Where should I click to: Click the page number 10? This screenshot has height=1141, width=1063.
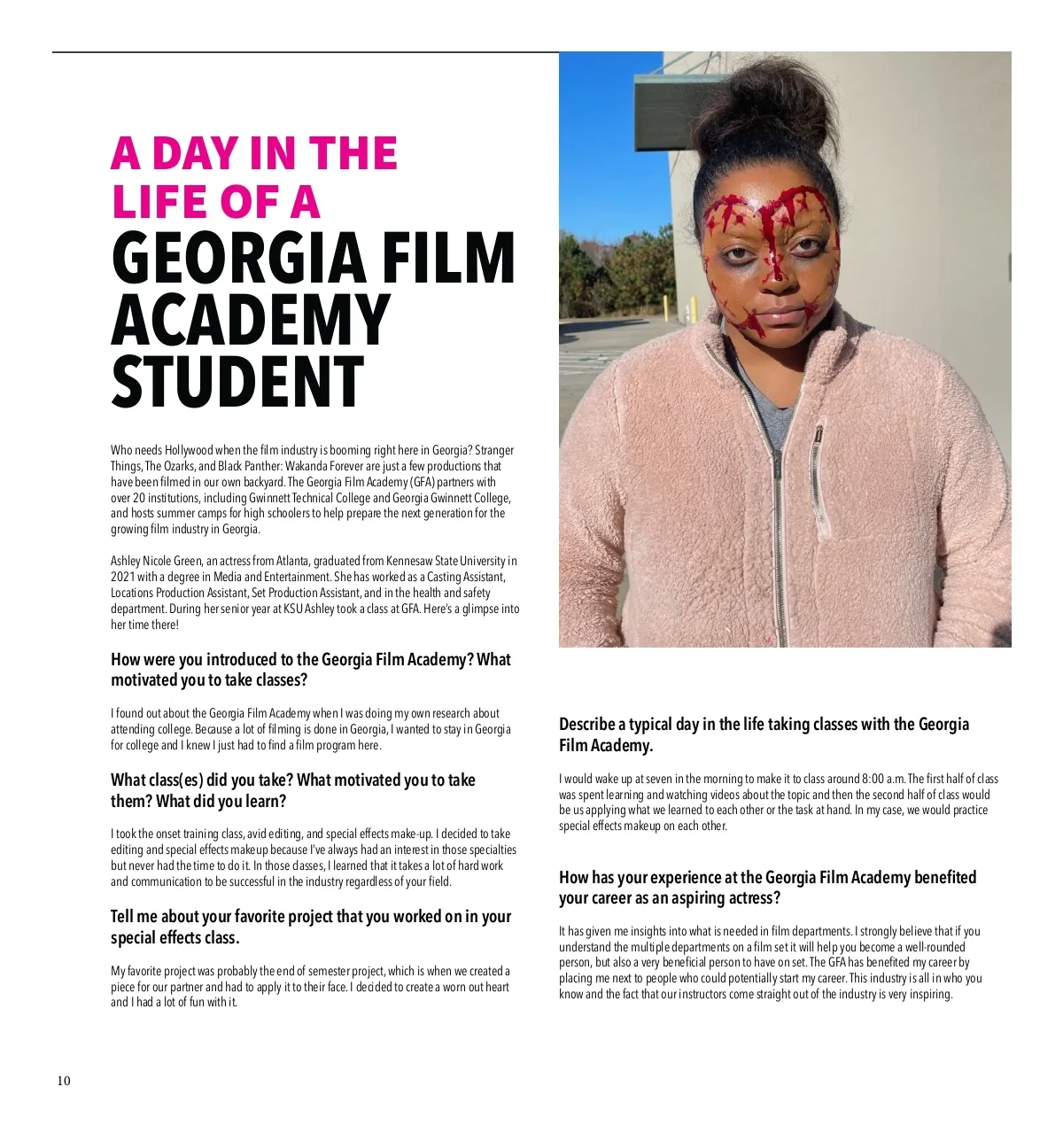click(64, 1081)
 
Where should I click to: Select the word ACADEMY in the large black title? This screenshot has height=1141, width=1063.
click(250, 320)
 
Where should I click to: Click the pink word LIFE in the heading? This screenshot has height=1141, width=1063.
click(160, 202)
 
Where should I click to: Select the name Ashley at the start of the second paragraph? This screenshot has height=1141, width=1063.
click(125, 561)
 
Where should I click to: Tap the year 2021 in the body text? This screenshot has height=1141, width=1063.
click(120, 577)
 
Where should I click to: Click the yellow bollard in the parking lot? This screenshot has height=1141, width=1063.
click(694, 309)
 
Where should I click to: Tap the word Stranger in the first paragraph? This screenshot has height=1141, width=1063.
click(494, 450)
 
